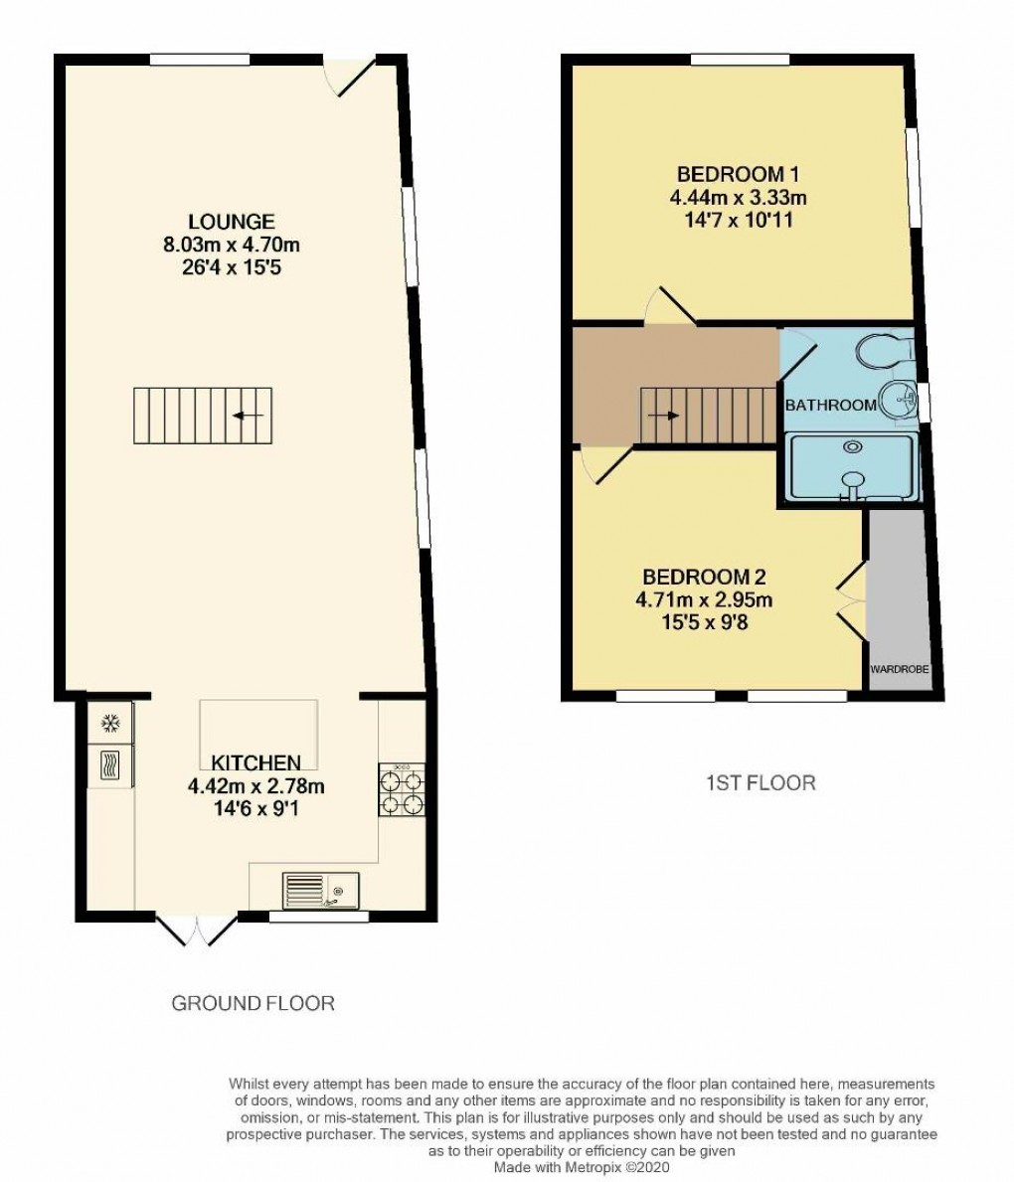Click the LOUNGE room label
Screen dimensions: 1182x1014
(234, 221)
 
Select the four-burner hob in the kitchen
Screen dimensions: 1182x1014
(402, 791)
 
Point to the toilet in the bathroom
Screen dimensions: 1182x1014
(883, 350)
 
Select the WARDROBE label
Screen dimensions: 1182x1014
(900, 670)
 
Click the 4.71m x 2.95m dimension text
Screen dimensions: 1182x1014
(704, 599)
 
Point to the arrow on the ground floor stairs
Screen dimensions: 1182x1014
(248, 416)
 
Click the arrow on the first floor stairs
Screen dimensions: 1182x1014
(667, 415)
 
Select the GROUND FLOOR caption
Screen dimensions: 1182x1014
(253, 1003)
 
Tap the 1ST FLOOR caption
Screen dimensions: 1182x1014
(760, 783)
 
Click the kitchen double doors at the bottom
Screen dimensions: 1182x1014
(198, 929)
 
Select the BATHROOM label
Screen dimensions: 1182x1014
(830, 405)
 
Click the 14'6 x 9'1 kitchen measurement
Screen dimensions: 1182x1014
(255, 809)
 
